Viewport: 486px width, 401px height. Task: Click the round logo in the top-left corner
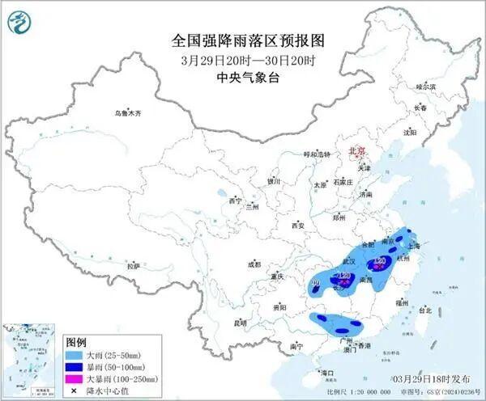(19, 22)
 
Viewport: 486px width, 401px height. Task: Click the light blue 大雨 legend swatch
(75, 354)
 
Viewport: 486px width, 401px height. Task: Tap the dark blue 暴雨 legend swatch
(75, 366)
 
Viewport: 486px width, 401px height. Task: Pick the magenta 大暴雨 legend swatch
(75, 378)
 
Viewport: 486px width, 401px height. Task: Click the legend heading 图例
(75, 342)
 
